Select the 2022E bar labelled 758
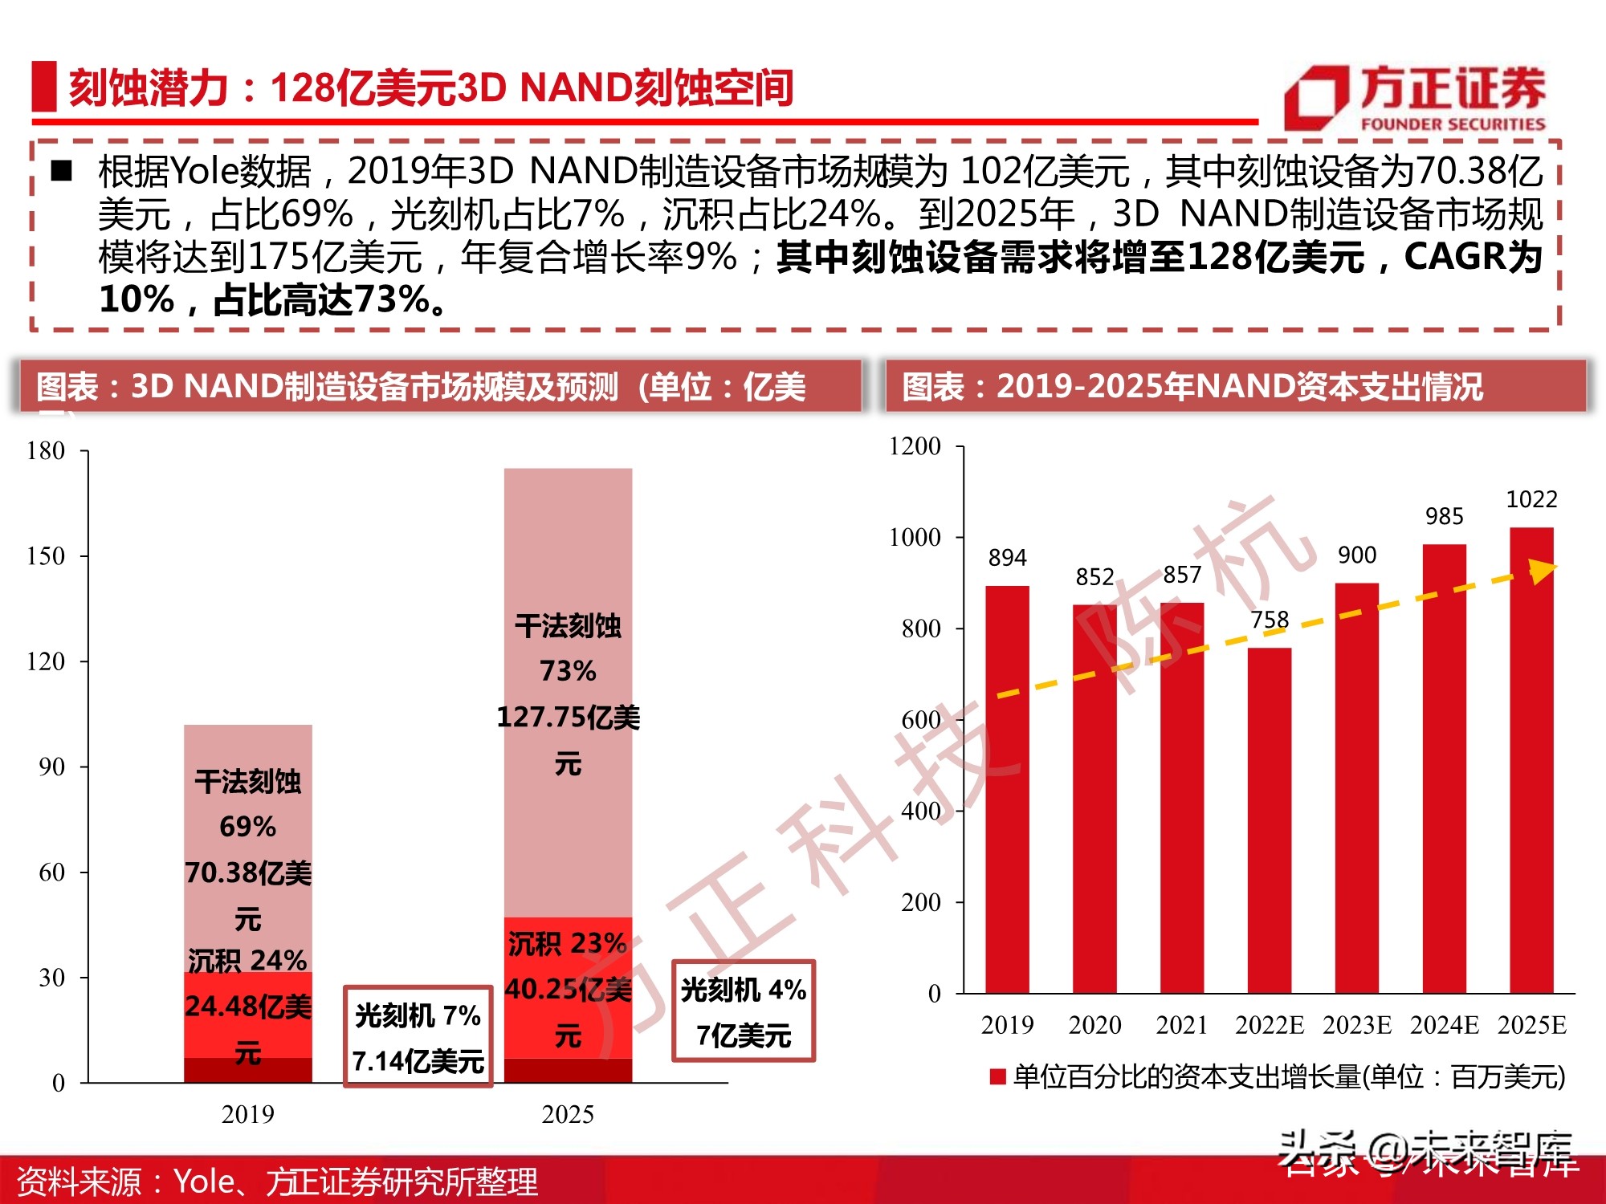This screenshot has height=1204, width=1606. [x=1269, y=819]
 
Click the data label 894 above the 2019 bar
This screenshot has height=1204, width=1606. [x=1007, y=558]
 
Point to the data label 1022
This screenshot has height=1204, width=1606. [x=1531, y=499]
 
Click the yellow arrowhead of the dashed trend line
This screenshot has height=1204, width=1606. [x=1542, y=571]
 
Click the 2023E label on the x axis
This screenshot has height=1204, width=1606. [x=1356, y=1025]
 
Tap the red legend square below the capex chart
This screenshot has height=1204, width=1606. [x=998, y=1077]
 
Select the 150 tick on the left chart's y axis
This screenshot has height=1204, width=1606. [x=46, y=556]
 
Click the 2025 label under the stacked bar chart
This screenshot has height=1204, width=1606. [x=568, y=1114]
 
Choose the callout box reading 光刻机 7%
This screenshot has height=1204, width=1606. [x=418, y=1036]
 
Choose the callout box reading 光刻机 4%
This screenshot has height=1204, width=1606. [x=744, y=1011]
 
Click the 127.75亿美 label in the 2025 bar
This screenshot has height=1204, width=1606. [x=568, y=717]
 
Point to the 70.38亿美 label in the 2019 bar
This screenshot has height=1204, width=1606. [x=247, y=872]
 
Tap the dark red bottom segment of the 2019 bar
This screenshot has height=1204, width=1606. [x=247, y=1071]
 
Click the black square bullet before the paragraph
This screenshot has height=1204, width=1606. [x=62, y=171]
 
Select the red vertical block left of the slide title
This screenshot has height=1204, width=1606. [x=43, y=87]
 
